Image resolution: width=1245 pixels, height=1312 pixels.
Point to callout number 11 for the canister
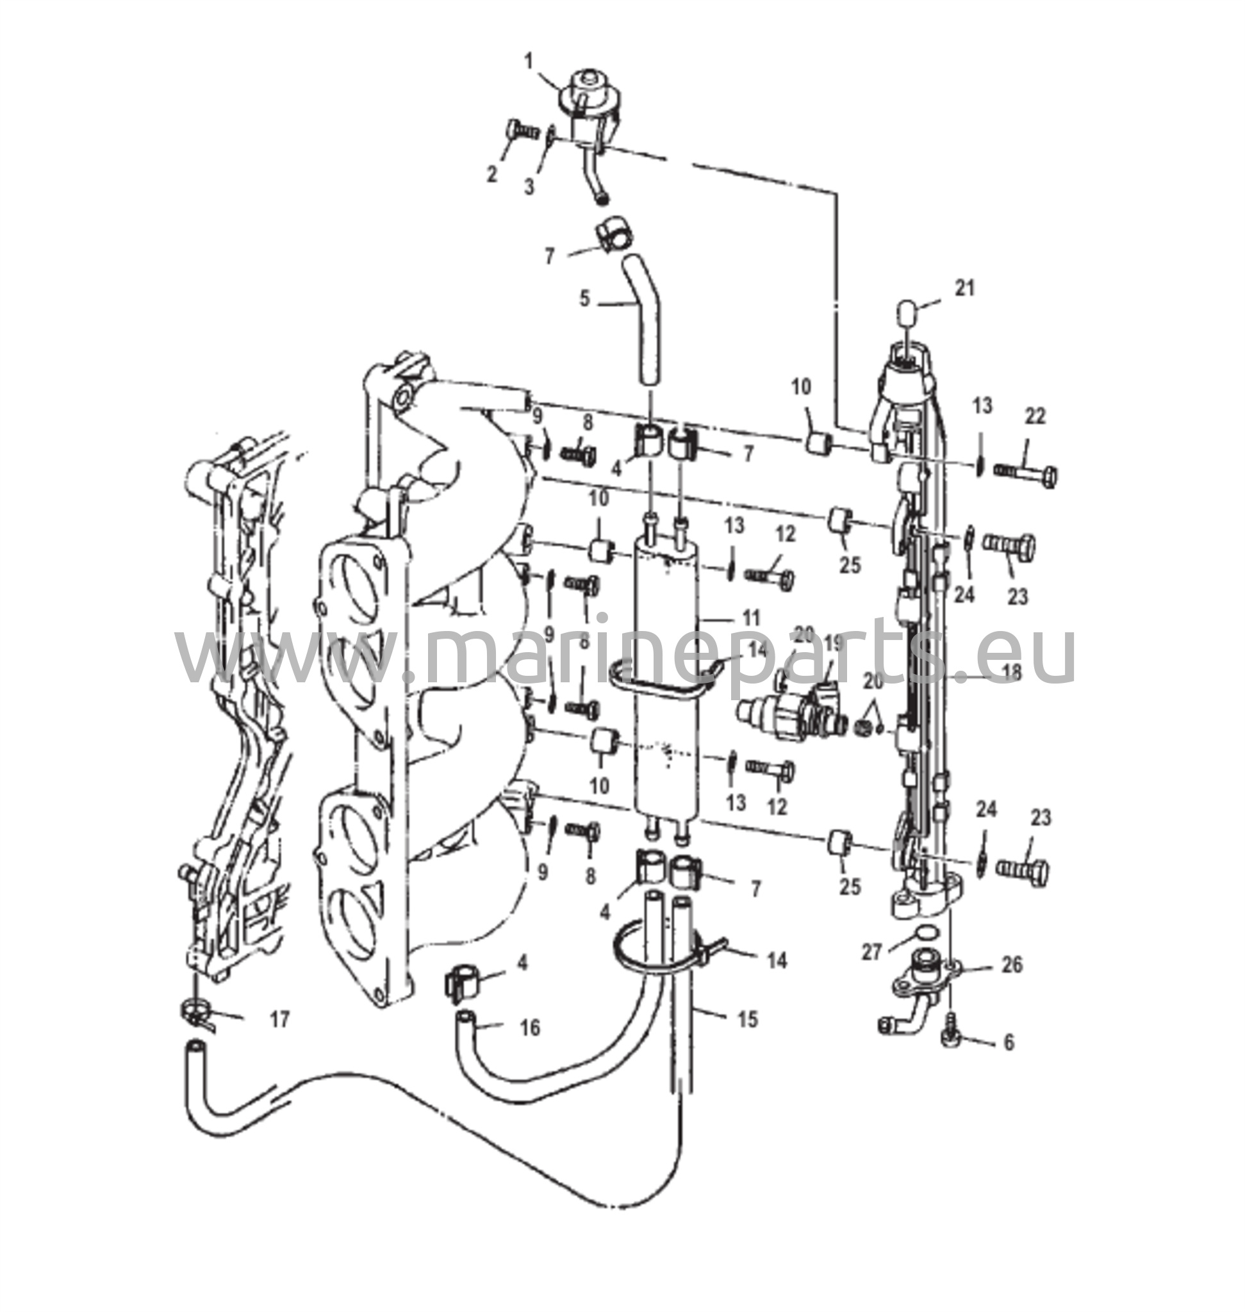[x=750, y=618]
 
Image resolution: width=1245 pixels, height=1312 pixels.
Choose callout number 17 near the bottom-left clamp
[x=280, y=1019]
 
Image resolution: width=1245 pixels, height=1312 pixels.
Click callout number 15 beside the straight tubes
[x=747, y=1019]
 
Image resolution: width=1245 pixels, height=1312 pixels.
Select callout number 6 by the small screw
[x=1009, y=1042]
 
